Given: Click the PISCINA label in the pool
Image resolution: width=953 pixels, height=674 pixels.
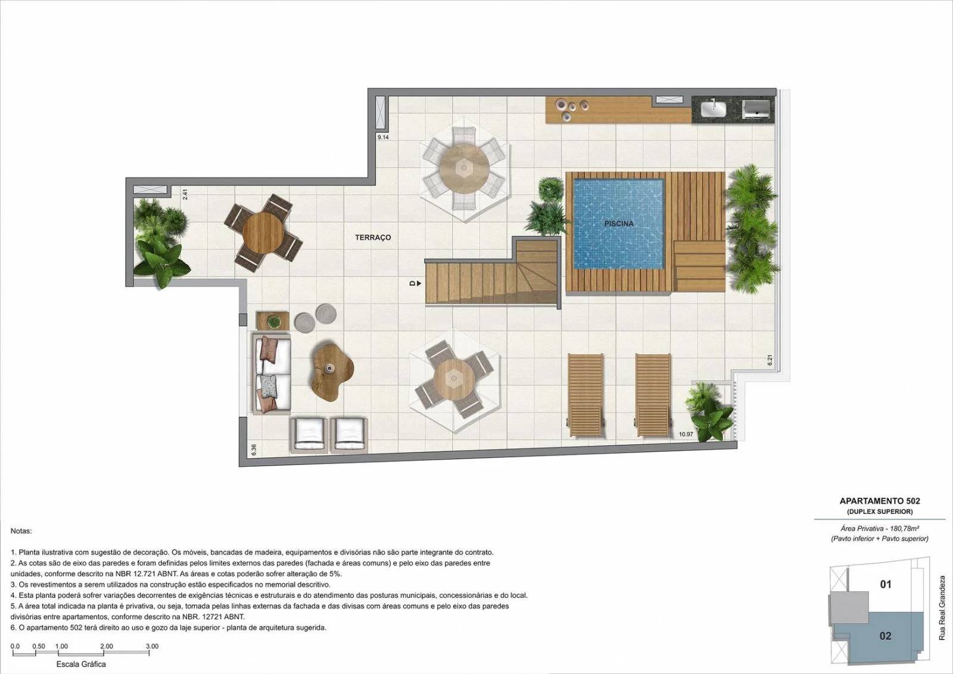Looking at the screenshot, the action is point(619,224).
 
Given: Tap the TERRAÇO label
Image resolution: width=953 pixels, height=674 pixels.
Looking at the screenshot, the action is point(373,238).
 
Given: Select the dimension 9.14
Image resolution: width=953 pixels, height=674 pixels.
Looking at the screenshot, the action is point(383,138).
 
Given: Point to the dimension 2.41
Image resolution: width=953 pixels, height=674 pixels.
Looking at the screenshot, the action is point(185,194).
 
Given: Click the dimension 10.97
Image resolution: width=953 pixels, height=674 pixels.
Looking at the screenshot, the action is point(686,434).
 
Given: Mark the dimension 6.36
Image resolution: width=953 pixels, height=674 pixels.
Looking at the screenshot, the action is point(254,450).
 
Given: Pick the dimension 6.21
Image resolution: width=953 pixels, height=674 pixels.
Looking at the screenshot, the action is point(769,361).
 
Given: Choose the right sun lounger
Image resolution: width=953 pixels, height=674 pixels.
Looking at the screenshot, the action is point(653,395).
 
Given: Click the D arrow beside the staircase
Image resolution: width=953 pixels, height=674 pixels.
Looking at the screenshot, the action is point(415,283).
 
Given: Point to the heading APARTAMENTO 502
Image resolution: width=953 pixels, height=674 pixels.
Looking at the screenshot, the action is point(880,501).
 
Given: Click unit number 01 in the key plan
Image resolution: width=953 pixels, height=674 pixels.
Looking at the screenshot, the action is point(885,584).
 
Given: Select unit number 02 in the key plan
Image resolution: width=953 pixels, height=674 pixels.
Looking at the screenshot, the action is point(885,636).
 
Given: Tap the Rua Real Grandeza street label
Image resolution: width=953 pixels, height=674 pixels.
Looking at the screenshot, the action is point(942,608).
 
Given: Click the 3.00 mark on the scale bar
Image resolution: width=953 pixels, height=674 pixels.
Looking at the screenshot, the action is point(152,647).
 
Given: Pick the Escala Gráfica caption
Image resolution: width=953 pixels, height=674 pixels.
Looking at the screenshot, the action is point(81,664).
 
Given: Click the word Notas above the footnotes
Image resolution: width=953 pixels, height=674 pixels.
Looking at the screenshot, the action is point(21,531).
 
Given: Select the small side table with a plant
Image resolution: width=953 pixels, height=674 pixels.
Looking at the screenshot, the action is point(272,321).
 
